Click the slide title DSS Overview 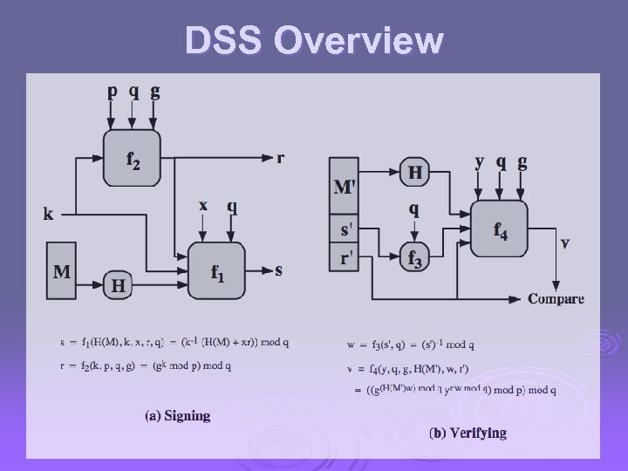pyautogui.click(x=314, y=41)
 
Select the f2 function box pyautogui.click(x=131, y=157)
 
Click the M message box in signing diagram pyautogui.click(x=62, y=270)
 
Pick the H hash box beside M pyautogui.click(x=118, y=283)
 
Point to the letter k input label pyautogui.click(x=48, y=212)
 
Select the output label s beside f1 pyautogui.click(x=278, y=270)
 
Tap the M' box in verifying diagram pyautogui.click(x=345, y=186)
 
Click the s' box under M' pyautogui.click(x=345, y=231)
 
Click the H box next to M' pyautogui.click(x=415, y=172)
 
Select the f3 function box pyautogui.click(x=415, y=257)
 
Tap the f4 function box pyautogui.click(x=500, y=229)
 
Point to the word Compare pyautogui.click(x=556, y=299)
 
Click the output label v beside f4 pyautogui.click(x=565, y=242)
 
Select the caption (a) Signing pyautogui.click(x=177, y=415)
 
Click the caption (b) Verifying pyautogui.click(x=468, y=433)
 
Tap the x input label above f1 pyautogui.click(x=203, y=206)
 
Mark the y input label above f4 pyautogui.click(x=480, y=162)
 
